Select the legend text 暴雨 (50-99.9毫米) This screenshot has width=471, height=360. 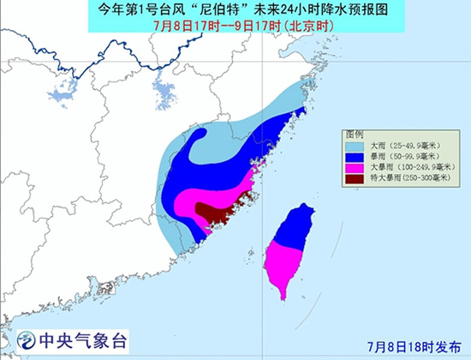click(402, 157)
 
